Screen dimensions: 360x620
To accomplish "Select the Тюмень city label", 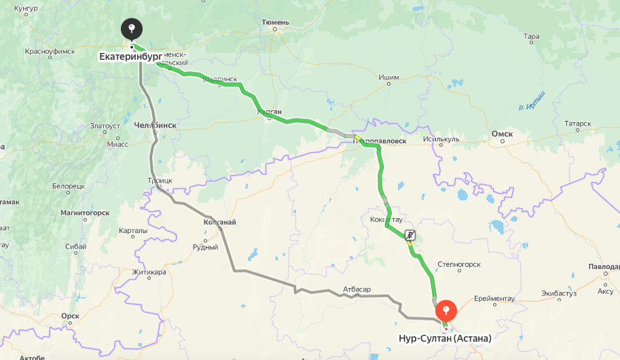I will coord(275,22).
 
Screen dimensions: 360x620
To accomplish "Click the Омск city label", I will coord(501,134).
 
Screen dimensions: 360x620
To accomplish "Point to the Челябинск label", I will coord(156,125).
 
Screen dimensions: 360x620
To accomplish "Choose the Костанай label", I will coord(219,222).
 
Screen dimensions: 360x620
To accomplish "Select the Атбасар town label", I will coord(357,289).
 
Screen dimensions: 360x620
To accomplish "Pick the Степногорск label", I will coord(458,264).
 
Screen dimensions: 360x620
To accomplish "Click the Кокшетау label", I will coord(386,219).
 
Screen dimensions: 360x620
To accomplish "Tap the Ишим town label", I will coord(388,77).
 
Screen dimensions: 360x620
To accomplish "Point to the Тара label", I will coord(532,36).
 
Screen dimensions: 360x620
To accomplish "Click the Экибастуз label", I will coord(559,293).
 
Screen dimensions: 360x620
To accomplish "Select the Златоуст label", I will coord(105,126).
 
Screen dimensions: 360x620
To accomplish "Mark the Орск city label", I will coord(70,316).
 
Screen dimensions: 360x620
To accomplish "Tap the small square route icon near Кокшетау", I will coord(410,235).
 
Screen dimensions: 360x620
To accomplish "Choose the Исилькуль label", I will coord(441,140).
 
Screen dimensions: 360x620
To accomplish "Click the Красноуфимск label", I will coord(49,51).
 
